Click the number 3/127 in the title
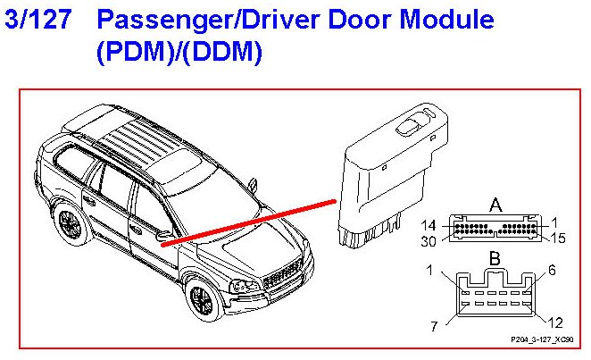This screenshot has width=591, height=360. pyautogui.click(x=37, y=20)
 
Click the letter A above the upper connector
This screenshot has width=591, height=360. pyautogui.click(x=495, y=205)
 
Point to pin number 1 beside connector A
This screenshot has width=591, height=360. pyautogui.click(x=555, y=222)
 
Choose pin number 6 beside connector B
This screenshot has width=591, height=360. pyautogui.click(x=552, y=269)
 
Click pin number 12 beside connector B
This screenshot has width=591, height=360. pyautogui.click(x=556, y=323)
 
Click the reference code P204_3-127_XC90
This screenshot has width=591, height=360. pyautogui.click(x=541, y=340)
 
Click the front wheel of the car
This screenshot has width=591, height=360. pyautogui.click(x=202, y=298)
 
